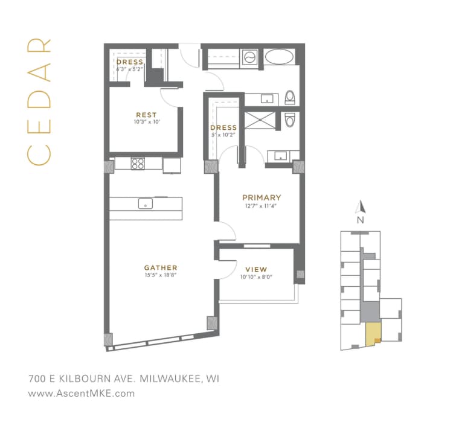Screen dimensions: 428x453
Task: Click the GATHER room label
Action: click(160, 267)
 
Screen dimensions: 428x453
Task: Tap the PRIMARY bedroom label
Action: click(261, 197)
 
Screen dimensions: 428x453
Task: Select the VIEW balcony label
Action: click(255, 269)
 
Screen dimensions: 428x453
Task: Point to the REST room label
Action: click(146, 115)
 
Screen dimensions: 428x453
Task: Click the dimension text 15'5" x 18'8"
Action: click(160, 275)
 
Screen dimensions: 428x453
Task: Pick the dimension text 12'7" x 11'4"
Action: click(261, 205)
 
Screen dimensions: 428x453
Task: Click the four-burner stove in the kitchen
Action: click(138, 163)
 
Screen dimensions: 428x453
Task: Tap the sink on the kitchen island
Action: click(146, 203)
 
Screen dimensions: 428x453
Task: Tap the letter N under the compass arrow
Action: click(360, 220)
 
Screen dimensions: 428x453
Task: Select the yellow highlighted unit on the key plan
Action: click(373, 333)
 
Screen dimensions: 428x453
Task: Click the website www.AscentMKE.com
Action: click(82, 393)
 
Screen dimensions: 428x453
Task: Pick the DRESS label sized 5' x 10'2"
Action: click(223, 128)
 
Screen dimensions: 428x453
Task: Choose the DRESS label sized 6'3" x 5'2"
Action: click(130, 62)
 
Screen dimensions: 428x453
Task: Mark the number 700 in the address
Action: click(38, 379)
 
